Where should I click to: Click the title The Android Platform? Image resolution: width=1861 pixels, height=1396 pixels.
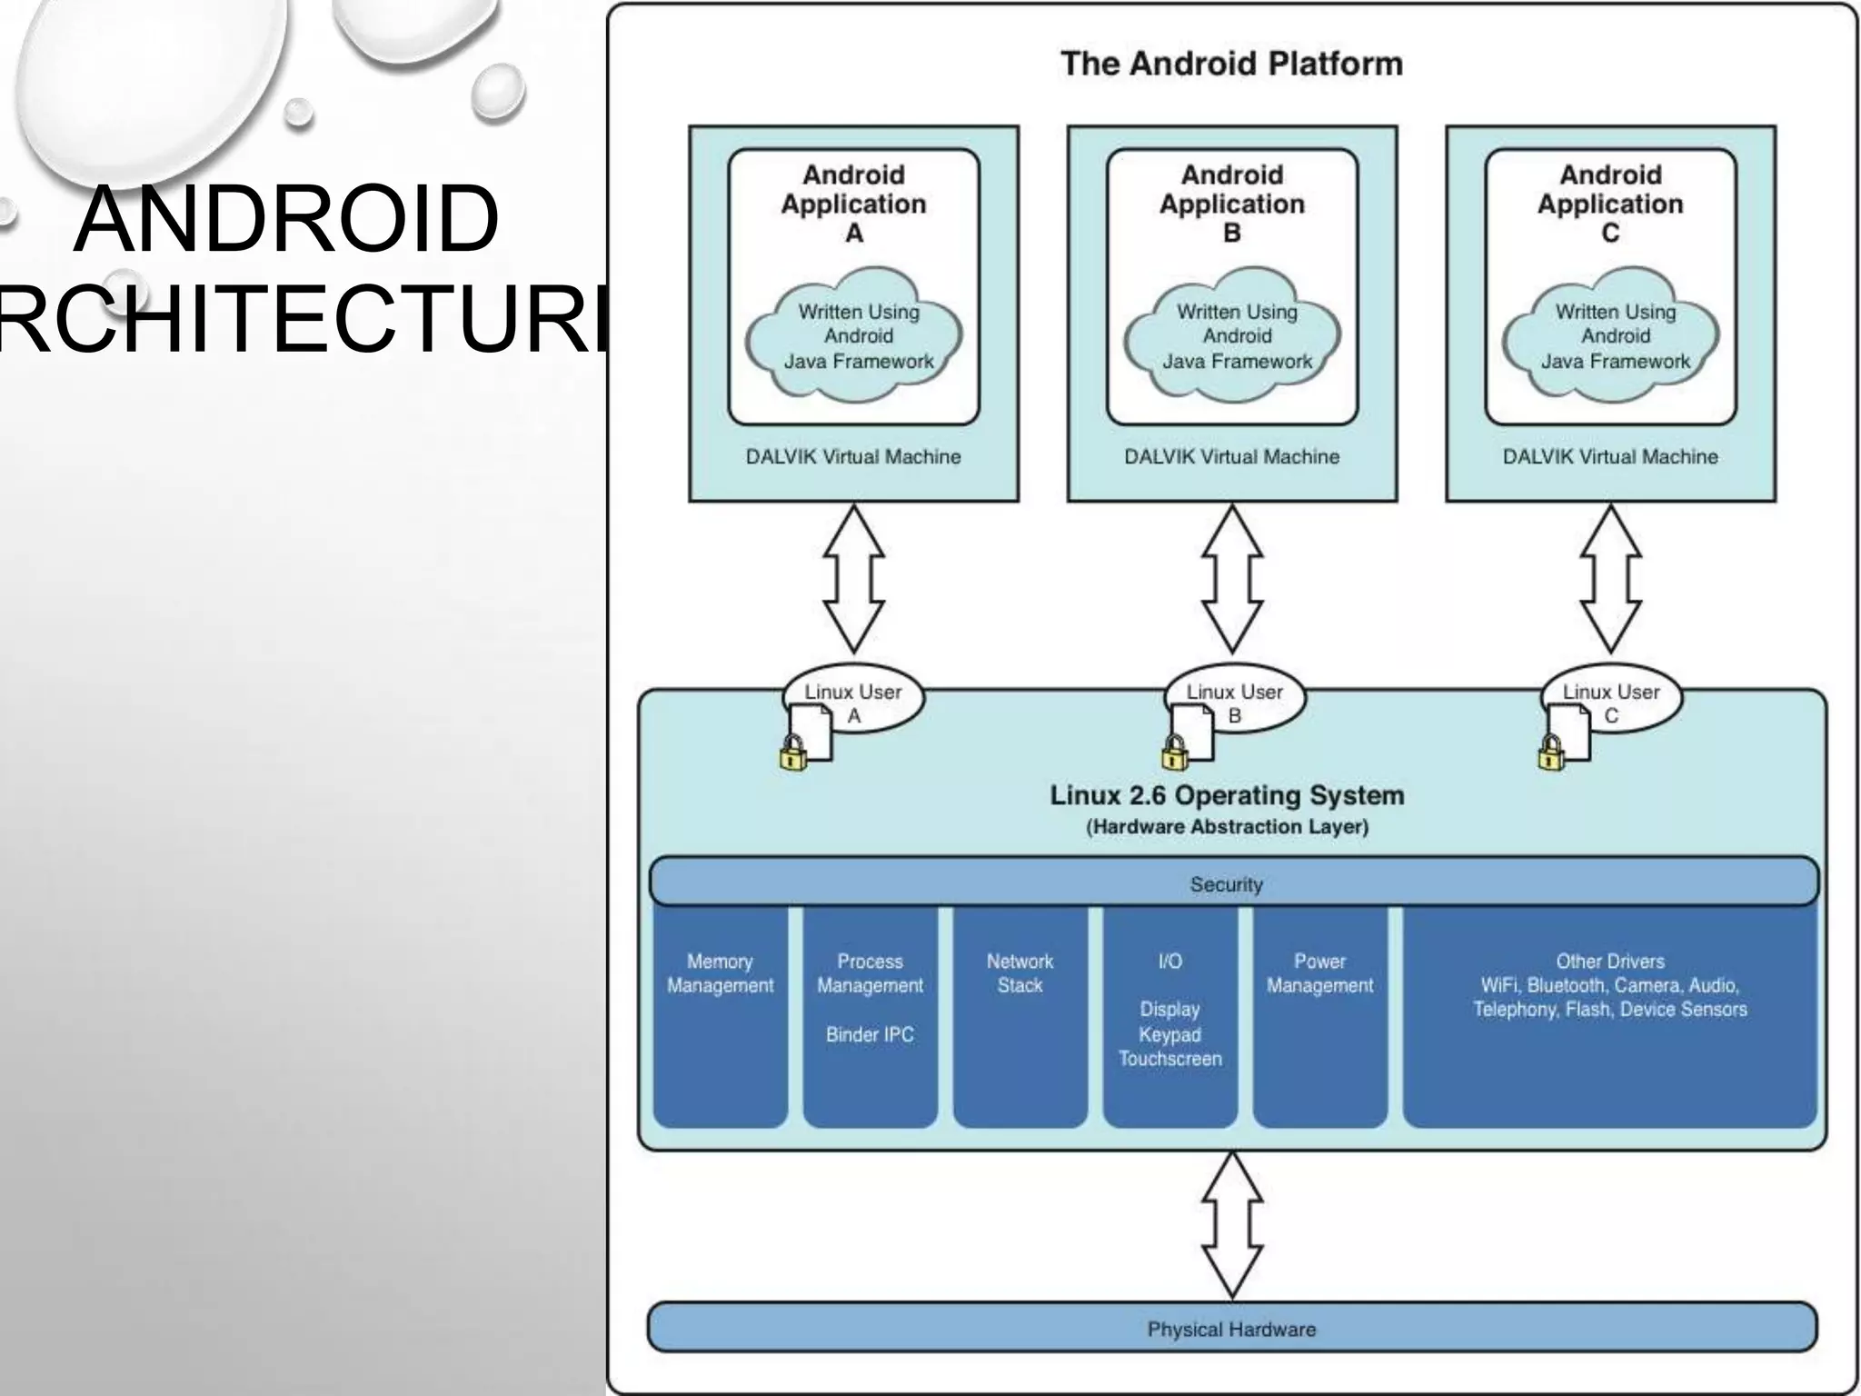(1231, 64)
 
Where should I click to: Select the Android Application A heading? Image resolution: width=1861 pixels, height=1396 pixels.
(853, 203)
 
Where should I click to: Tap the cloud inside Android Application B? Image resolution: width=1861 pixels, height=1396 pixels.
(1233, 335)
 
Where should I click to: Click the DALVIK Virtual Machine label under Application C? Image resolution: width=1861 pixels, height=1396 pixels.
(1609, 456)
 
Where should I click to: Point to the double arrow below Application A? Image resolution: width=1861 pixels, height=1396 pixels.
(853, 579)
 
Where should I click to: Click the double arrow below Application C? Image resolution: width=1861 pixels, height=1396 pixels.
(1610, 579)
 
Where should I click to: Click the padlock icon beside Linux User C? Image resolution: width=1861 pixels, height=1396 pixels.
(1551, 753)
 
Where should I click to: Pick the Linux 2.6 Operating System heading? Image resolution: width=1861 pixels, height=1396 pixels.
(1227, 795)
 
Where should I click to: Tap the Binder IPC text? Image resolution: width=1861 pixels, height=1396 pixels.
(870, 1034)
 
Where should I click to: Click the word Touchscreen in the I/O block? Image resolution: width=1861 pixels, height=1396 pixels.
(1169, 1059)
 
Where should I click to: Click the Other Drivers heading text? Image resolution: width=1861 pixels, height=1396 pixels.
(1609, 961)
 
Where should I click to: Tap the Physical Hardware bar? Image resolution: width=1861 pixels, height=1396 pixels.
(1231, 1328)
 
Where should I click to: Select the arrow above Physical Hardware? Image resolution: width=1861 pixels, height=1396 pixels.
(1231, 1224)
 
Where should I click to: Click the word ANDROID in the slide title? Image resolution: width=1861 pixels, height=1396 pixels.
(287, 220)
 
